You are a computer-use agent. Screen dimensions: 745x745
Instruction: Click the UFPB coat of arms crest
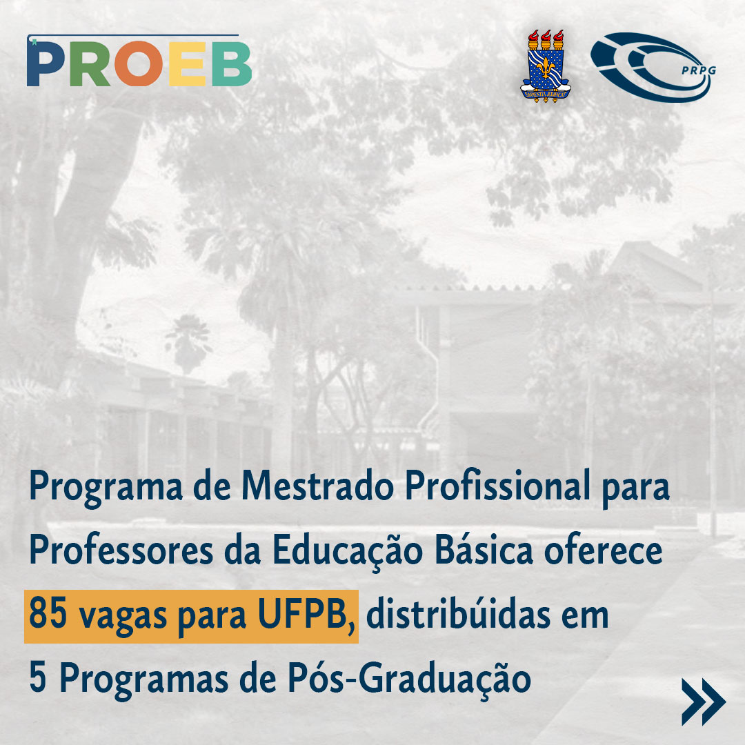[544, 65]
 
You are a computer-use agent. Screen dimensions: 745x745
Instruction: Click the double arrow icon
[703, 702]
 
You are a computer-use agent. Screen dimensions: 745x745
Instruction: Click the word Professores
[123, 552]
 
